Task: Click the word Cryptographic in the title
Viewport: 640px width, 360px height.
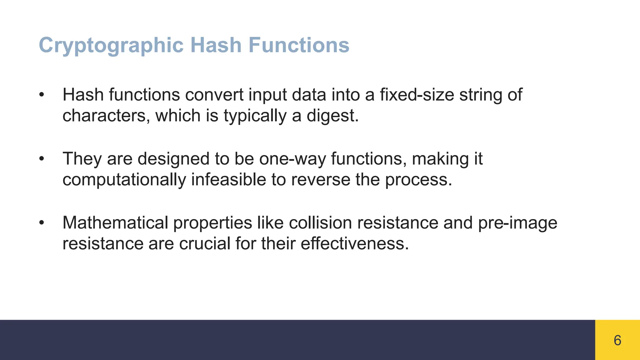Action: click(111, 45)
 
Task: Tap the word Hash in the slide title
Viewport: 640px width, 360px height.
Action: click(216, 45)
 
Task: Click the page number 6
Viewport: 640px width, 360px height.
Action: click(617, 340)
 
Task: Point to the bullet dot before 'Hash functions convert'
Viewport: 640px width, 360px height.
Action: click(42, 95)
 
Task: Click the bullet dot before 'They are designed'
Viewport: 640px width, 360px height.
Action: click(42, 159)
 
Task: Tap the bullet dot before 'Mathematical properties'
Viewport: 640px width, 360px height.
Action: click(42, 223)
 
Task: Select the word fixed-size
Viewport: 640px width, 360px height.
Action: click(417, 95)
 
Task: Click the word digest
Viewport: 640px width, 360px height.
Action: click(332, 116)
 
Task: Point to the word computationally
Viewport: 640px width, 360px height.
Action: click(124, 180)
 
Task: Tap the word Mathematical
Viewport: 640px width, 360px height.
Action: click(115, 223)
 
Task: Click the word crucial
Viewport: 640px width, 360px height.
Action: click(205, 243)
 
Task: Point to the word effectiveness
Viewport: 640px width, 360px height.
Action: click(355, 243)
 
